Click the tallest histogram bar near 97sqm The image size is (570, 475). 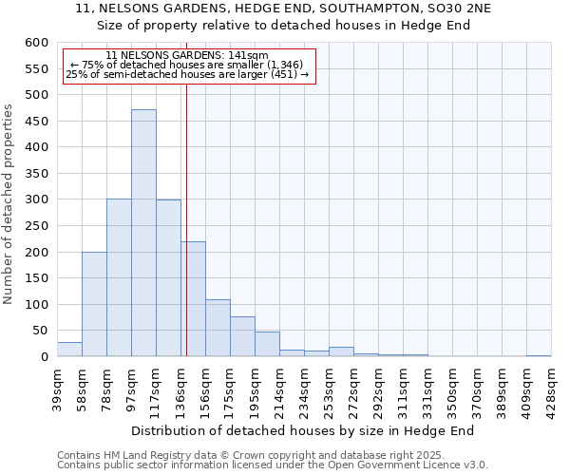click(x=143, y=233)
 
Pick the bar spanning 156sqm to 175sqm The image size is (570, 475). click(x=218, y=328)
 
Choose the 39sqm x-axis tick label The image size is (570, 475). click(x=57, y=388)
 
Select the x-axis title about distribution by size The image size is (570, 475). click(x=302, y=430)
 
